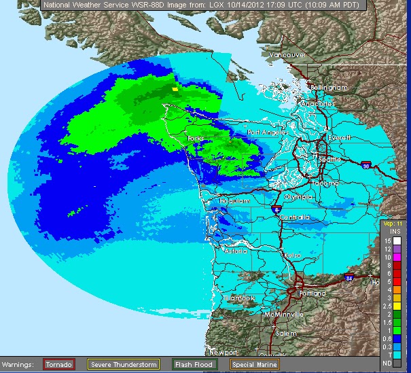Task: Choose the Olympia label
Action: click(298, 196)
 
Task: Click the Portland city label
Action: click(312, 294)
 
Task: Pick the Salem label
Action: click(287, 334)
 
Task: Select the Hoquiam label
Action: click(234, 201)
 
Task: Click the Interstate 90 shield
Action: click(365, 164)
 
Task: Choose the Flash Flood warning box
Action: click(194, 365)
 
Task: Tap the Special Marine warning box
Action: click(252, 365)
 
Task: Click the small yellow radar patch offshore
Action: click(175, 88)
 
